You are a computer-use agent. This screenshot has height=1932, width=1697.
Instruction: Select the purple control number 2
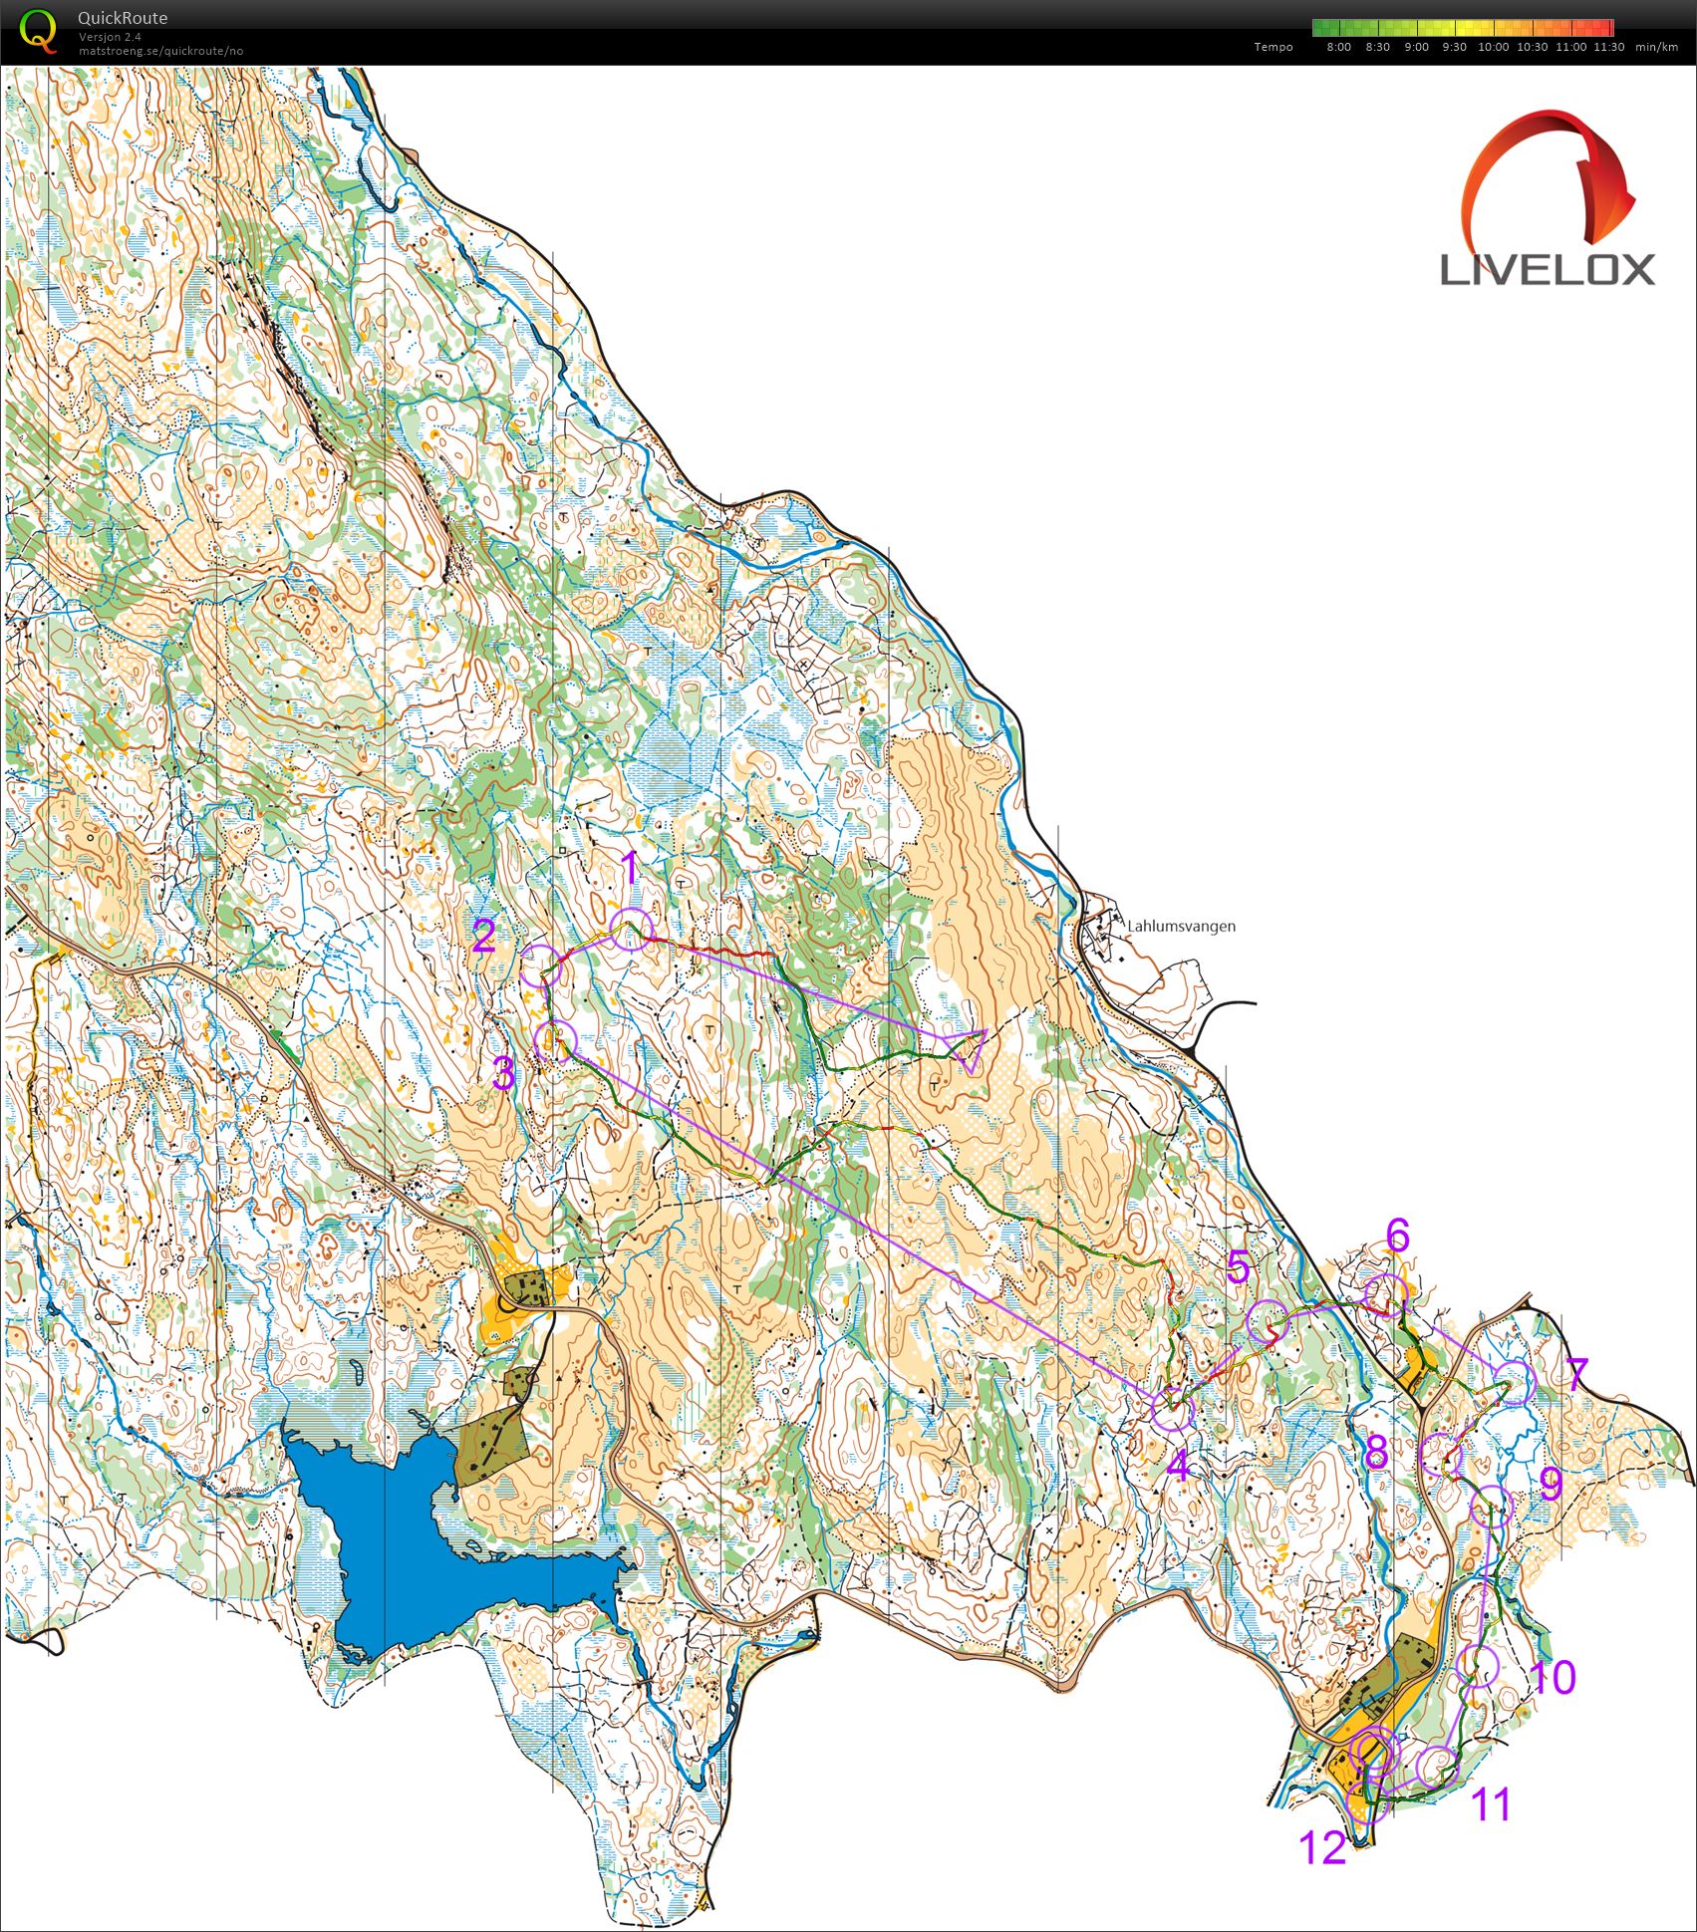point(484,937)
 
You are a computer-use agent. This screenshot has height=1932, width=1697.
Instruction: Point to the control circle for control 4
point(1172,1410)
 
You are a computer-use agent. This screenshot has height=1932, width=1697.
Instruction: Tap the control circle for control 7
point(1514,1382)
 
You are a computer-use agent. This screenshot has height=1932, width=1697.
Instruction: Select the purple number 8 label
point(1376,1452)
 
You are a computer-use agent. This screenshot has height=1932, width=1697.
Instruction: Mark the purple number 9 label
point(1551,1485)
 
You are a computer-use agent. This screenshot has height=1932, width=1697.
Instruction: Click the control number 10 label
point(1552,1678)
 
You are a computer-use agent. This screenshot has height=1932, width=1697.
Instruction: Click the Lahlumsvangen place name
point(1181,926)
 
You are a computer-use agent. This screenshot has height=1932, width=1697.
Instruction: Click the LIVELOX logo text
point(1548,269)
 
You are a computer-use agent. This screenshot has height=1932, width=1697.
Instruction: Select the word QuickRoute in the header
point(122,17)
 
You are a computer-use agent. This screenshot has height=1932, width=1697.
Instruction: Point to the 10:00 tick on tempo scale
point(1493,47)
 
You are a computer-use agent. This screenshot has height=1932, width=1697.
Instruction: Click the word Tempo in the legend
point(1273,47)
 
